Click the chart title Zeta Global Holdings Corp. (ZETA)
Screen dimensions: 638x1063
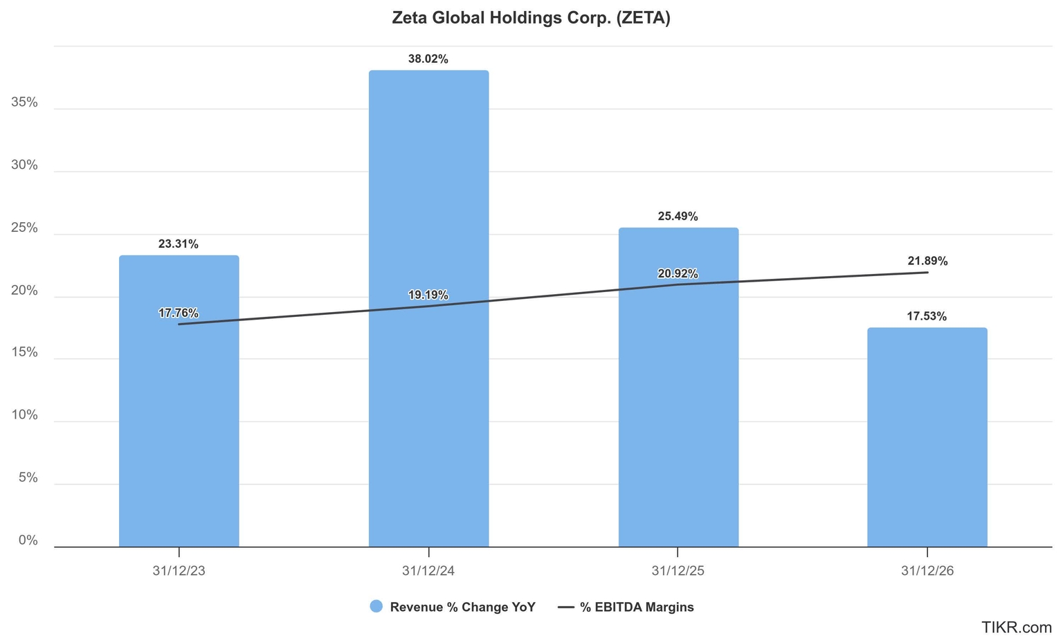click(531, 18)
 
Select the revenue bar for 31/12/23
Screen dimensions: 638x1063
click(179, 415)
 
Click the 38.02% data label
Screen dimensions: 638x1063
click(428, 60)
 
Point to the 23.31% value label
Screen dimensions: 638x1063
click(179, 244)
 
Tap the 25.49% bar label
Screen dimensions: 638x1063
click(678, 217)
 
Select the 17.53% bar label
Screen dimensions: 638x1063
click(927, 317)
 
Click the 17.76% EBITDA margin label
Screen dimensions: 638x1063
click(179, 313)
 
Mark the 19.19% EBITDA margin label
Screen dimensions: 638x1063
click(428, 295)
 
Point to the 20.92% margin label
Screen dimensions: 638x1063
click(678, 274)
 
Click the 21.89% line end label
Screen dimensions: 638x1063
click(927, 262)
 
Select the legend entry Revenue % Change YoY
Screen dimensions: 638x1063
click(453, 607)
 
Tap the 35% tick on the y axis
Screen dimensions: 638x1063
click(25, 102)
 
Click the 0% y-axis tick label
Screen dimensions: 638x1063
click(28, 540)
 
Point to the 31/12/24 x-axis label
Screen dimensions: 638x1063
click(428, 571)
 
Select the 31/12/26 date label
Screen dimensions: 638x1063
click(927, 571)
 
